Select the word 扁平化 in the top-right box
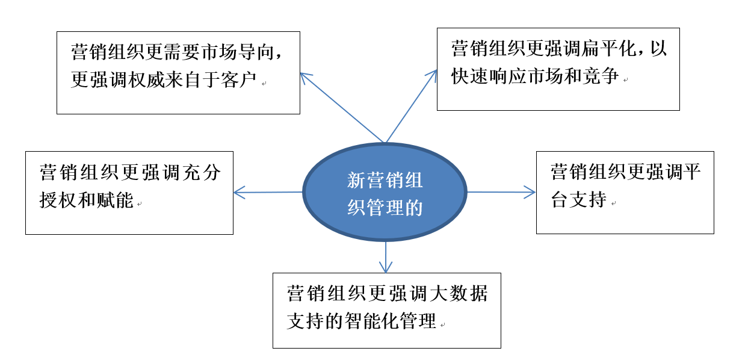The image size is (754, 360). pos(607,49)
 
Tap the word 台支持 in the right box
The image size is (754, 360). pos(578,199)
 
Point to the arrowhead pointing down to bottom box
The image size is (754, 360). pos(385,267)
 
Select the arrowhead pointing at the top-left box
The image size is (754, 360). pos(304,77)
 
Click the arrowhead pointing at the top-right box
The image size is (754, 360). pos(433,74)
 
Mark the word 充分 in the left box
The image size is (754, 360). pos(203,173)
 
